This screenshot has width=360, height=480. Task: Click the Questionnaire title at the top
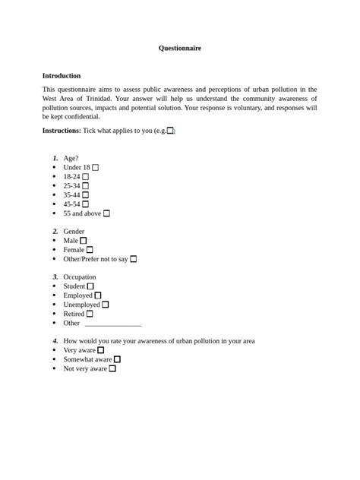pos(180,48)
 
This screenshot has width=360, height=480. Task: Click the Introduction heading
pos(61,75)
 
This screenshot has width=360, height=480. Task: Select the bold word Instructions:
pos(62,131)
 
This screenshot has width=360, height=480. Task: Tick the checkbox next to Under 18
pos(95,168)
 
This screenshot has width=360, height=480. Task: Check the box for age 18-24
pos(85,177)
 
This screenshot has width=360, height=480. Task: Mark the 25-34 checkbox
pos(85,186)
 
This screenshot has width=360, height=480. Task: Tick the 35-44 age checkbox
pos(85,195)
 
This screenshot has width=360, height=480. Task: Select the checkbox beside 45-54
pos(85,204)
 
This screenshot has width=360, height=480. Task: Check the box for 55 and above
pos(106,213)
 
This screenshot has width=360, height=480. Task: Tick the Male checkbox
pos(84,241)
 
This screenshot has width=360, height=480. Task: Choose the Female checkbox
pos(90,250)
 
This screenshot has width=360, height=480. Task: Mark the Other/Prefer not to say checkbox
pos(133,259)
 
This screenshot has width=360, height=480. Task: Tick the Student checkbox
pos(90,286)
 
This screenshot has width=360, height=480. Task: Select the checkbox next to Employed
pos(98,295)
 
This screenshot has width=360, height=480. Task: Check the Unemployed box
pos(106,305)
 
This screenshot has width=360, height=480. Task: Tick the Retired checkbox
pos(90,314)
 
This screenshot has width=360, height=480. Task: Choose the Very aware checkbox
pos(100,350)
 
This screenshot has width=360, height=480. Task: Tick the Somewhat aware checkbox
pos(117,359)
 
